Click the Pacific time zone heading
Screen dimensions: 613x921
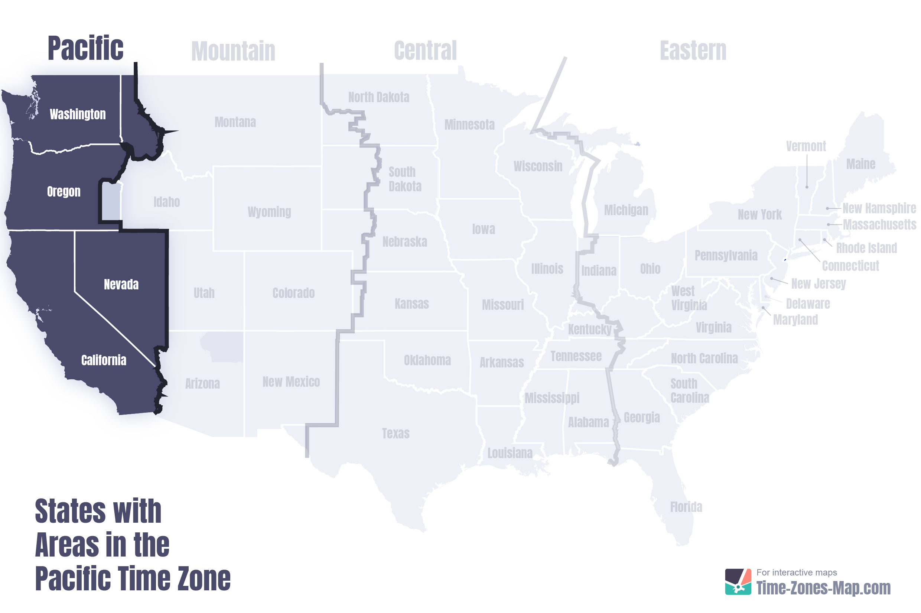[85, 48]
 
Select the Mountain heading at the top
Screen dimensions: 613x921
[233, 51]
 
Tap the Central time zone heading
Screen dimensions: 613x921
[425, 51]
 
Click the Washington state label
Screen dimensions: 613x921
[77, 114]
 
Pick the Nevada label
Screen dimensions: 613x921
[121, 284]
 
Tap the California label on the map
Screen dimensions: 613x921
[104, 360]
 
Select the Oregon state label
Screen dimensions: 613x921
[64, 192]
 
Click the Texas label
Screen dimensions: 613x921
[396, 433]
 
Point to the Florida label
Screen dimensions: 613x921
[686, 507]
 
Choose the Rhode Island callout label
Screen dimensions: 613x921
[866, 248]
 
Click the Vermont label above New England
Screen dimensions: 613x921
[806, 146]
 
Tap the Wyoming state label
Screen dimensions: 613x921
[269, 212]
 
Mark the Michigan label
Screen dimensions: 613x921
[626, 210]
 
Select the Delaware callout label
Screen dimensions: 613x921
[808, 304]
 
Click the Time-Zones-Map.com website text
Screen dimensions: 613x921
[823, 588]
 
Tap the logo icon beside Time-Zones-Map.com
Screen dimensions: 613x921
[737, 581]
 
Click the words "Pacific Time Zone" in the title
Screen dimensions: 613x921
[133, 578]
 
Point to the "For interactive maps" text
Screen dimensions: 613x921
[796, 573]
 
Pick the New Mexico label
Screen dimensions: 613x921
[291, 382]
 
